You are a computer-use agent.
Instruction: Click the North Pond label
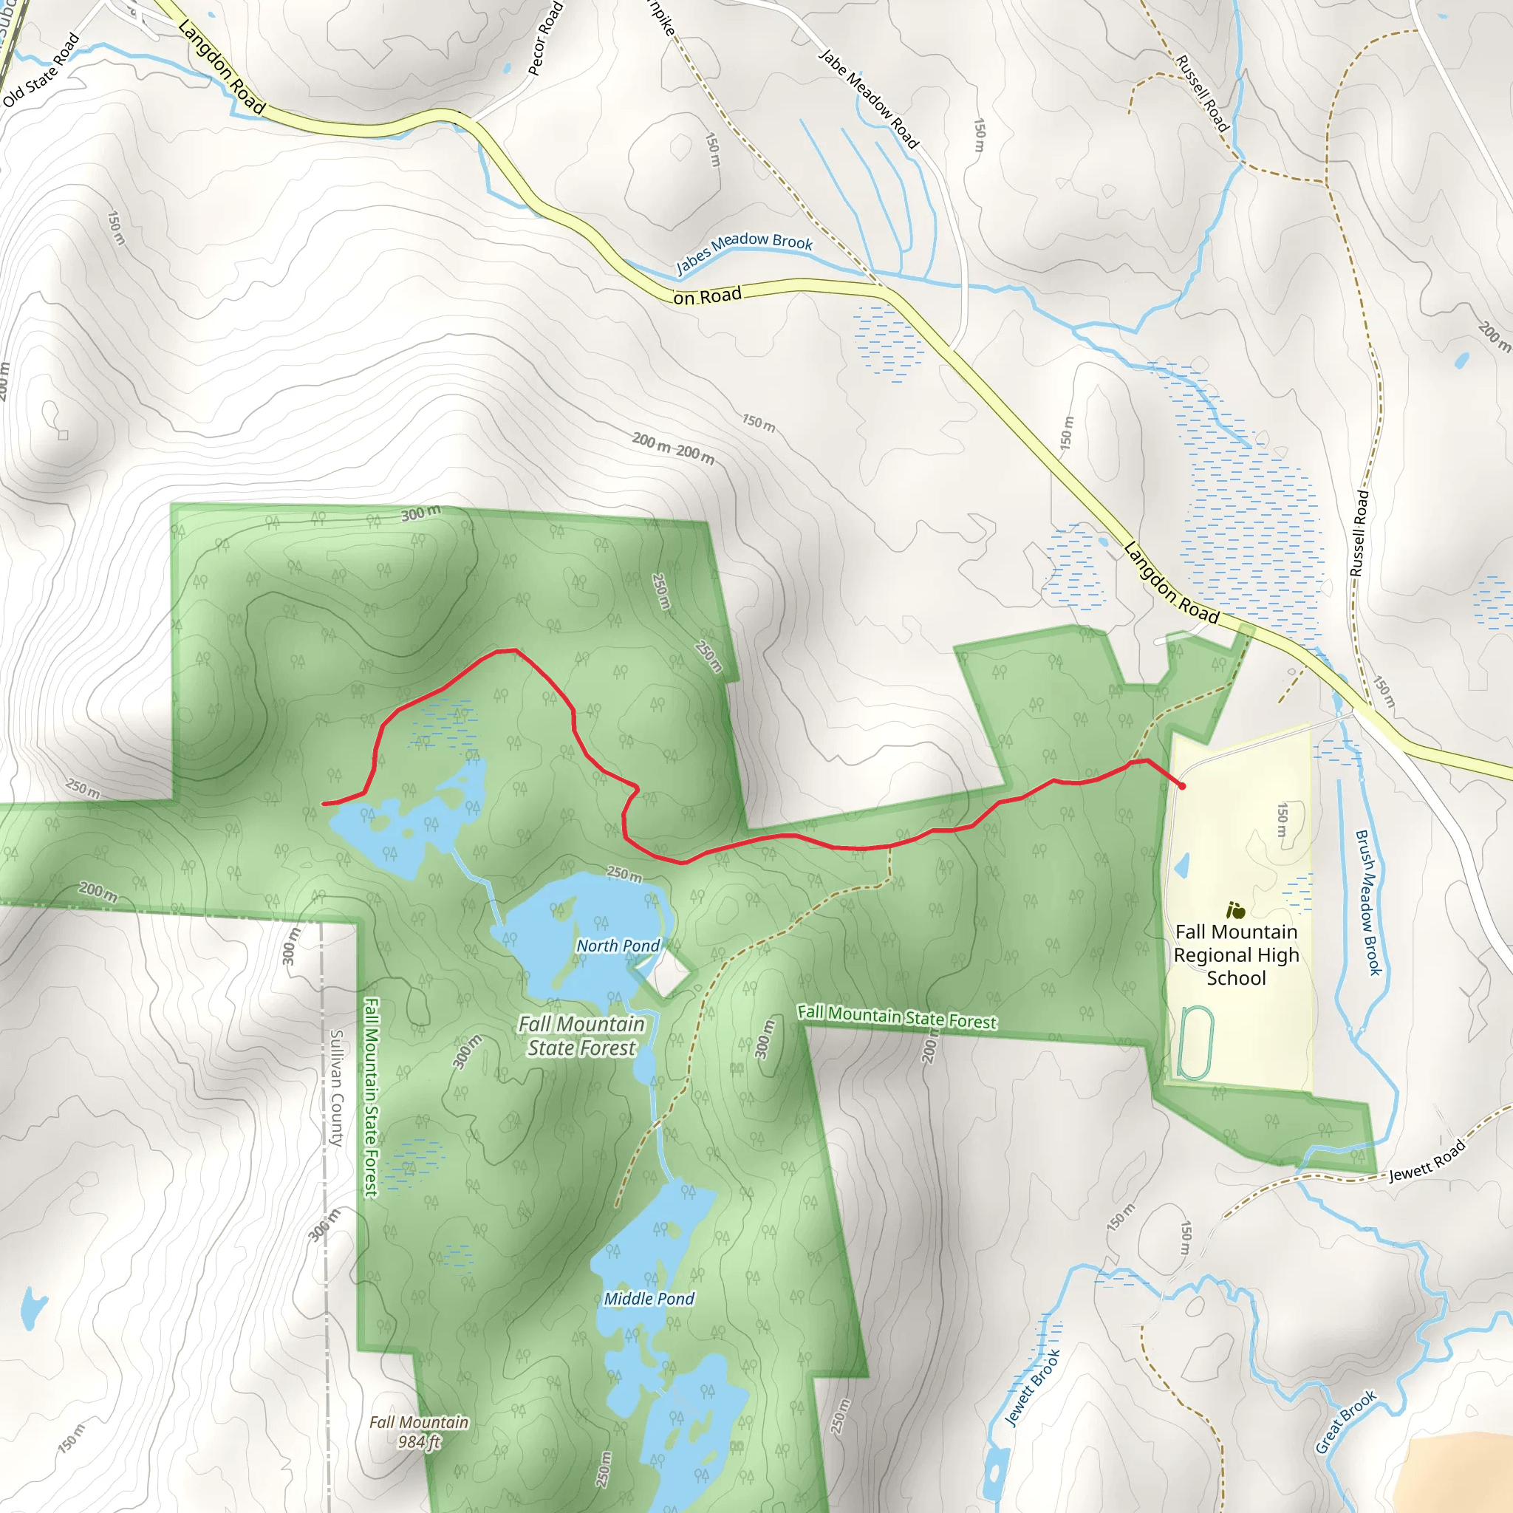tap(618, 946)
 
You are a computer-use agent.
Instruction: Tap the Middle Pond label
tap(649, 1299)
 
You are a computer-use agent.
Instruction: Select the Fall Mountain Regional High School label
tap(1236, 954)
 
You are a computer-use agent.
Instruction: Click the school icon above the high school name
tap(1236, 911)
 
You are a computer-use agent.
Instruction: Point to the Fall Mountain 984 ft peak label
tap(419, 1432)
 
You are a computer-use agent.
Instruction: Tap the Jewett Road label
tap(1427, 1162)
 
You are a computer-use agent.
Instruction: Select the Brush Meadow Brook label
tap(1368, 902)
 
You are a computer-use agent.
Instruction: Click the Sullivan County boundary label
tap(337, 1088)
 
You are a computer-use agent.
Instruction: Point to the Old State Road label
tap(41, 69)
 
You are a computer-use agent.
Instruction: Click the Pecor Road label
tap(545, 38)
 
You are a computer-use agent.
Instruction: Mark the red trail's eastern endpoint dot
tap(1182, 785)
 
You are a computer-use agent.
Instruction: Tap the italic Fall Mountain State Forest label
tap(581, 1036)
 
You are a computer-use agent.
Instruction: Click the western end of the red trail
tap(324, 804)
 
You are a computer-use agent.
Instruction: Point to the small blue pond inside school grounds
tap(1183, 865)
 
